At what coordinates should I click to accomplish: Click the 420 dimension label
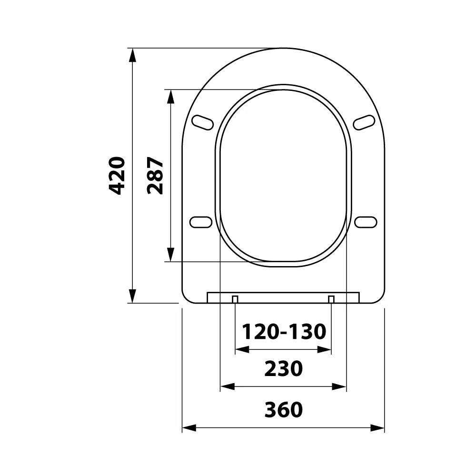[x=117, y=176]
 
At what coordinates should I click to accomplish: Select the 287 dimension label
[x=155, y=176]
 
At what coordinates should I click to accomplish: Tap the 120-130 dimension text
[x=284, y=331]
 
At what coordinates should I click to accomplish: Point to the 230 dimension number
[x=284, y=368]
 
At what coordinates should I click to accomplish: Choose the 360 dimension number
[x=284, y=409]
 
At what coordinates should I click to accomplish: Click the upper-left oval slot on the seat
[x=203, y=123]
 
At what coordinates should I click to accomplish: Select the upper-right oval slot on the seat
[x=364, y=123]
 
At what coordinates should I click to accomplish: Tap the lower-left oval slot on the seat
[x=201, y=222]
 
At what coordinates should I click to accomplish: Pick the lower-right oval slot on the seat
[x=366, y=222]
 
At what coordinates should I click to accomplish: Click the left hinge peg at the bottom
[x=235, y=299]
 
